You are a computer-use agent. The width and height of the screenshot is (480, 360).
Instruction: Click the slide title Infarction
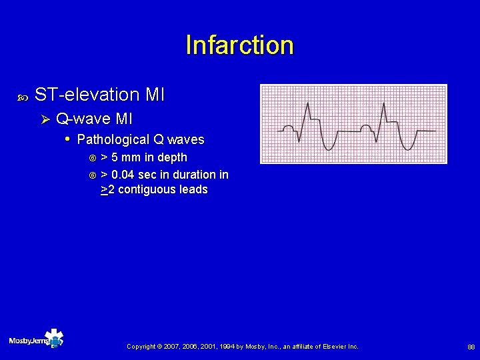click(x=239, y=45)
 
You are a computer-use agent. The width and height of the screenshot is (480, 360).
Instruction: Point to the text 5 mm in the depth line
click(x=131, y=158)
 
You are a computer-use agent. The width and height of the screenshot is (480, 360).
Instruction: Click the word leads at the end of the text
click(x=193, y=190)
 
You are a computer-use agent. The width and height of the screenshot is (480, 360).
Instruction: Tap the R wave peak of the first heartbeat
click(x=307, y=103)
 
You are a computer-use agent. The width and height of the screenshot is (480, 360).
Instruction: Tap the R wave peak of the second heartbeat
click(x=385, y=103)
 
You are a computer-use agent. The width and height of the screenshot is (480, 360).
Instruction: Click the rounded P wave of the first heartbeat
click(x=288, y=127)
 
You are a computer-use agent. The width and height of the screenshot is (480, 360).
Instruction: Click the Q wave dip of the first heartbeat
click(x=299, y=140)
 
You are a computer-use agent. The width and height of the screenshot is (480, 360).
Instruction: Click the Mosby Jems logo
click(x=36, y=340)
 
